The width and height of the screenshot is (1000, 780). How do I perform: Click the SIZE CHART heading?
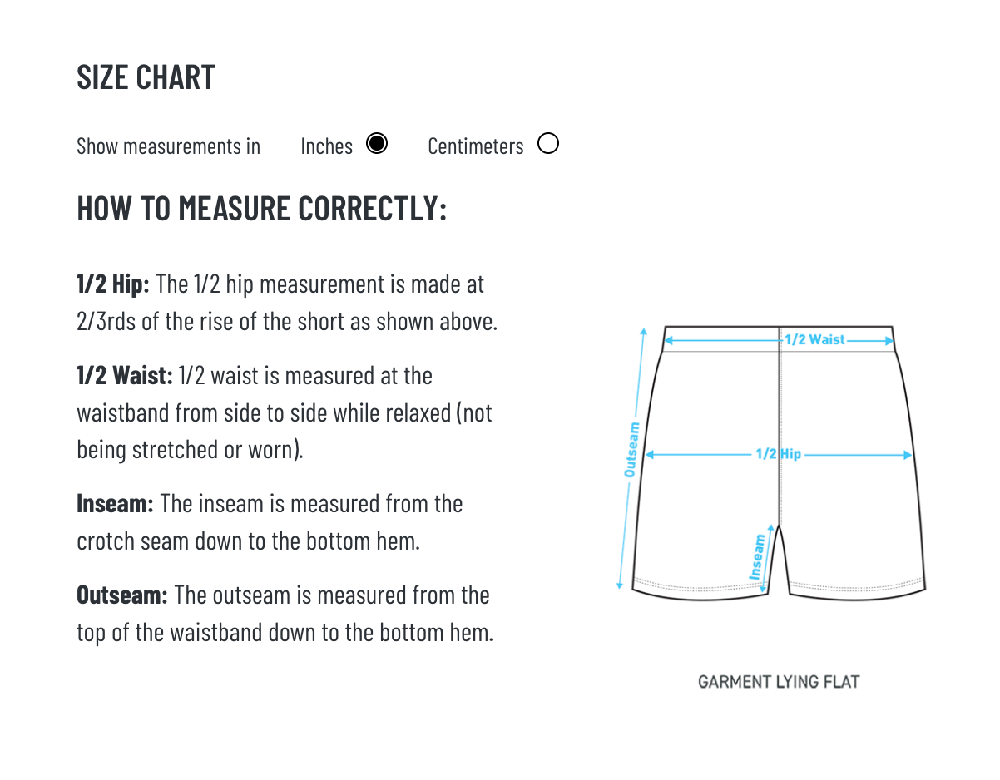click(146, 77)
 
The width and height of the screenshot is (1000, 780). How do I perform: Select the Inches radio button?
click(376, 143)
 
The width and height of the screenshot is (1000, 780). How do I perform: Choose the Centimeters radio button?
click(547, 143)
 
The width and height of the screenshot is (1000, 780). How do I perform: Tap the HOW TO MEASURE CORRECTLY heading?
click(261, 209)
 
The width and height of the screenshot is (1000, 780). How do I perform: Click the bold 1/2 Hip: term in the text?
click(113, 284)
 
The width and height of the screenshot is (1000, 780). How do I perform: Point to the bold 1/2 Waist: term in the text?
click(125, 375)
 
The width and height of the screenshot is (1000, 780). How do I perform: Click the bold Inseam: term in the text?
click(115, 504)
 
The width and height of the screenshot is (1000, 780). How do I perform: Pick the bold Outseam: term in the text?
click(122, 595)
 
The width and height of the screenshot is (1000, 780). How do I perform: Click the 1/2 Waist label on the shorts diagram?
click(814, 340)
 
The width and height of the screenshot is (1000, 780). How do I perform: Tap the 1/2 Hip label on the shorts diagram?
click(778, 454)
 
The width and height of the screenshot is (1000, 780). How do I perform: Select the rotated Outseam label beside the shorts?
click(631, 450)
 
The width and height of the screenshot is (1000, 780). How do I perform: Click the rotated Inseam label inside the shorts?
click(757, 557)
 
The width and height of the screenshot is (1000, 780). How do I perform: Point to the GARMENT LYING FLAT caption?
click(778, 682)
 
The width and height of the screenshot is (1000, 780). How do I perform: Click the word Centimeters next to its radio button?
click(475, 146)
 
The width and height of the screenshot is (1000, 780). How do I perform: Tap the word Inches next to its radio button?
click(326, 146)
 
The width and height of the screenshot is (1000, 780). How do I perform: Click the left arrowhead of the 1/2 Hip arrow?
click(649, 454)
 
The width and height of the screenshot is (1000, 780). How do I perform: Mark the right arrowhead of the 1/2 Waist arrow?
click(889, 341)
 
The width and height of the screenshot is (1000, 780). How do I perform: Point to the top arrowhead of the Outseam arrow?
click(643, 331)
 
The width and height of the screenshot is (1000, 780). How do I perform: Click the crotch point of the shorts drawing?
click(779, 525)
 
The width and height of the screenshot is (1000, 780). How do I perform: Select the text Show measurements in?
click(168, 146)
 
